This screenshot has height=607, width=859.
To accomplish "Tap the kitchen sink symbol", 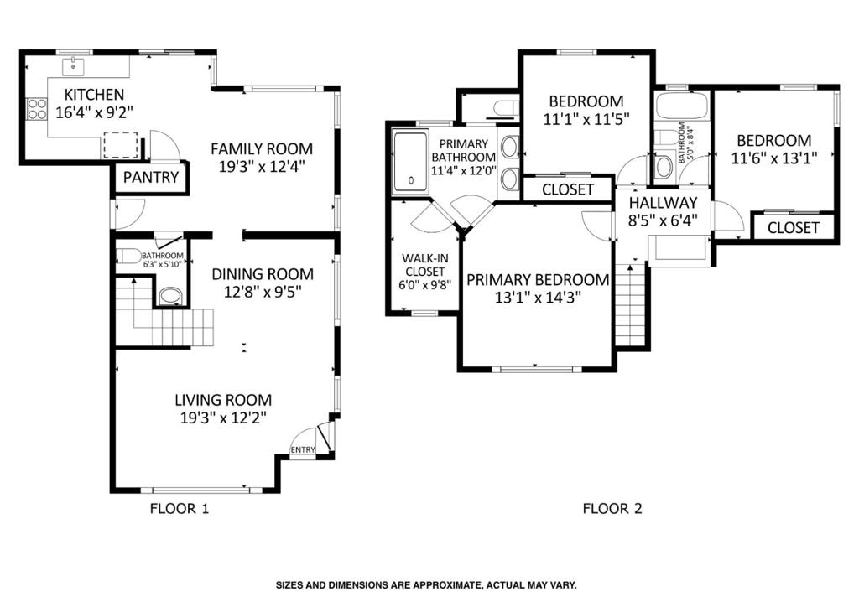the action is pos(72,67).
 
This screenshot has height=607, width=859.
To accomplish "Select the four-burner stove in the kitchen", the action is pos(36,108).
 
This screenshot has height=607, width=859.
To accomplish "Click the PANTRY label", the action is pos(151,178).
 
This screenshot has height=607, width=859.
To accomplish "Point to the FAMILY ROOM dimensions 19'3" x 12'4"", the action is pos(262,166).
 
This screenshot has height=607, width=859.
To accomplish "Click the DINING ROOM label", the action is pos(263,273).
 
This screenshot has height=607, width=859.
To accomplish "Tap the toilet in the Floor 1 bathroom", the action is pos(126,256).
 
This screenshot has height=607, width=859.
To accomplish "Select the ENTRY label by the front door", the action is pos(303,450).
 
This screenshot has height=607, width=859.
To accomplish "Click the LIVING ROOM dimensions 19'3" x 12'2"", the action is pos(223,418).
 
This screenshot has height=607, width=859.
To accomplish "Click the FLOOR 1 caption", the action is pos(180,509).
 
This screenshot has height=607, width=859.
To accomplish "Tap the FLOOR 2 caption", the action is pos(612,509).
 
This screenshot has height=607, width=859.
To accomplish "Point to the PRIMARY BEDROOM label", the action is pos(538,280).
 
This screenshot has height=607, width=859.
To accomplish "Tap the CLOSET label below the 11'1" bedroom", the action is pos(568,190).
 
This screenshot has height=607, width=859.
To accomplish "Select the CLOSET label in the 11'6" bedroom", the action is pos(794,228).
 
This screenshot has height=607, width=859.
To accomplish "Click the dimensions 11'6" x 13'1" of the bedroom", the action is pos(774,158).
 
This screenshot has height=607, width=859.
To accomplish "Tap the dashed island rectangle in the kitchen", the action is pos(120,144).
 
